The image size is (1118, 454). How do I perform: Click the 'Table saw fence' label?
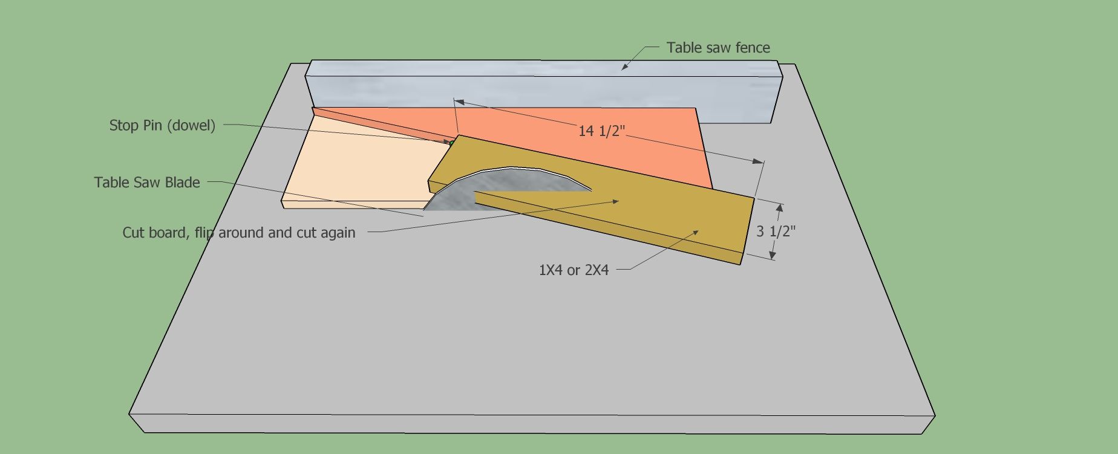pos(718,48)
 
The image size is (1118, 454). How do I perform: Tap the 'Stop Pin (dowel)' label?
pos(162,126)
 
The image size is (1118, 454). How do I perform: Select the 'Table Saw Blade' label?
pos(147,183)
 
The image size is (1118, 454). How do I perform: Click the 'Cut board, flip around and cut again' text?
pos(239,233)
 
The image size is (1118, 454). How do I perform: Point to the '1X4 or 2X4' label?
pos(574,270)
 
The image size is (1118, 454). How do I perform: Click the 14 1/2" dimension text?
pos(601,131)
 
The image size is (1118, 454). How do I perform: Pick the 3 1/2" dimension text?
pos(776,231)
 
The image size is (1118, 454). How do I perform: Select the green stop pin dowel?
pos(451,142)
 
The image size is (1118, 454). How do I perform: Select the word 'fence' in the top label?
pos(753,48)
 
